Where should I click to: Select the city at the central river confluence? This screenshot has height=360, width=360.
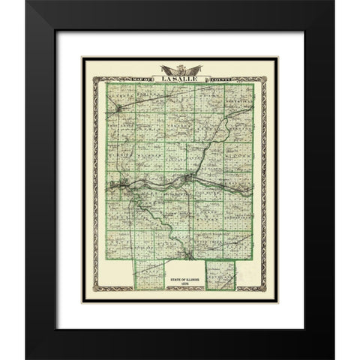pyautogui.click(x=185, y=178)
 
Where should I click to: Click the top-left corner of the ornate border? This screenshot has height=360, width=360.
pyautogui.click(x=92, y=78)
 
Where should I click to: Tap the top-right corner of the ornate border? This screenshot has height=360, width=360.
pyautogui.click(x=268, y=78)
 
